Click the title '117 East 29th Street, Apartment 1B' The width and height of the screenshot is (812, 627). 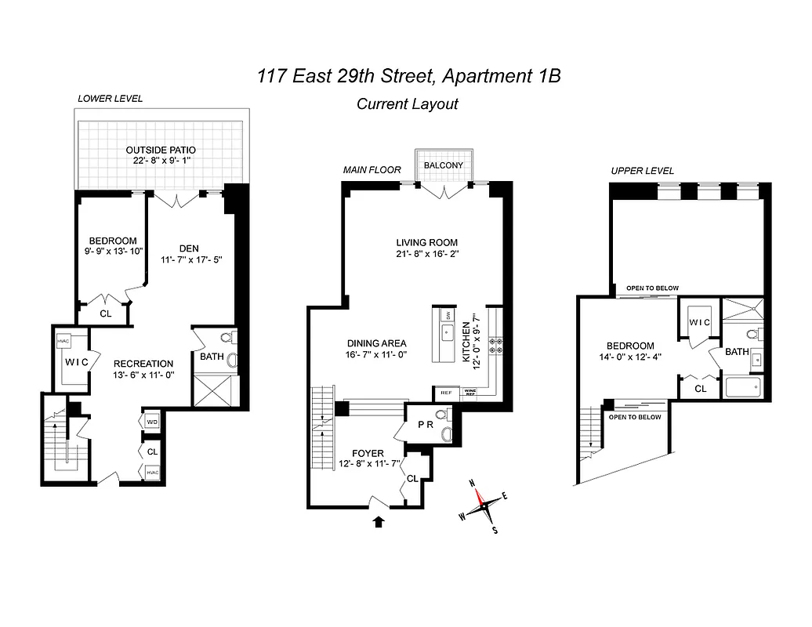[408, 76]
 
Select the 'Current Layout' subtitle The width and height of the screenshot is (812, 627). [407, 103]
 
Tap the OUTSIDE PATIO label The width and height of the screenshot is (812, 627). [161, 150]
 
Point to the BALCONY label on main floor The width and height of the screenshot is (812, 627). [444, 165]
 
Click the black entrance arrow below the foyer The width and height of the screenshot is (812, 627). [379, 521]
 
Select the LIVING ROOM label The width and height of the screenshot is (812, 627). [426, 242]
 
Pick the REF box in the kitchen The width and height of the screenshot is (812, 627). [446, 393]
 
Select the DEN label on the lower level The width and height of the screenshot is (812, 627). [188, 248]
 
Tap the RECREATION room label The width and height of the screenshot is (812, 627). [143, 364]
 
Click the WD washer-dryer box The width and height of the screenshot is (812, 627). [152, 422]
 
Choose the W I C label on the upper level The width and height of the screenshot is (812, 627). [699, 322]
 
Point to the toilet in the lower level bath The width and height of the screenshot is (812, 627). [227, 339]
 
